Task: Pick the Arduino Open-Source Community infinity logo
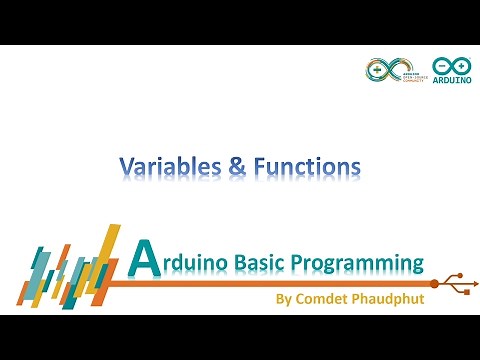tap(381, 71)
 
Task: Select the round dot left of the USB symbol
tap(433, 284)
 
